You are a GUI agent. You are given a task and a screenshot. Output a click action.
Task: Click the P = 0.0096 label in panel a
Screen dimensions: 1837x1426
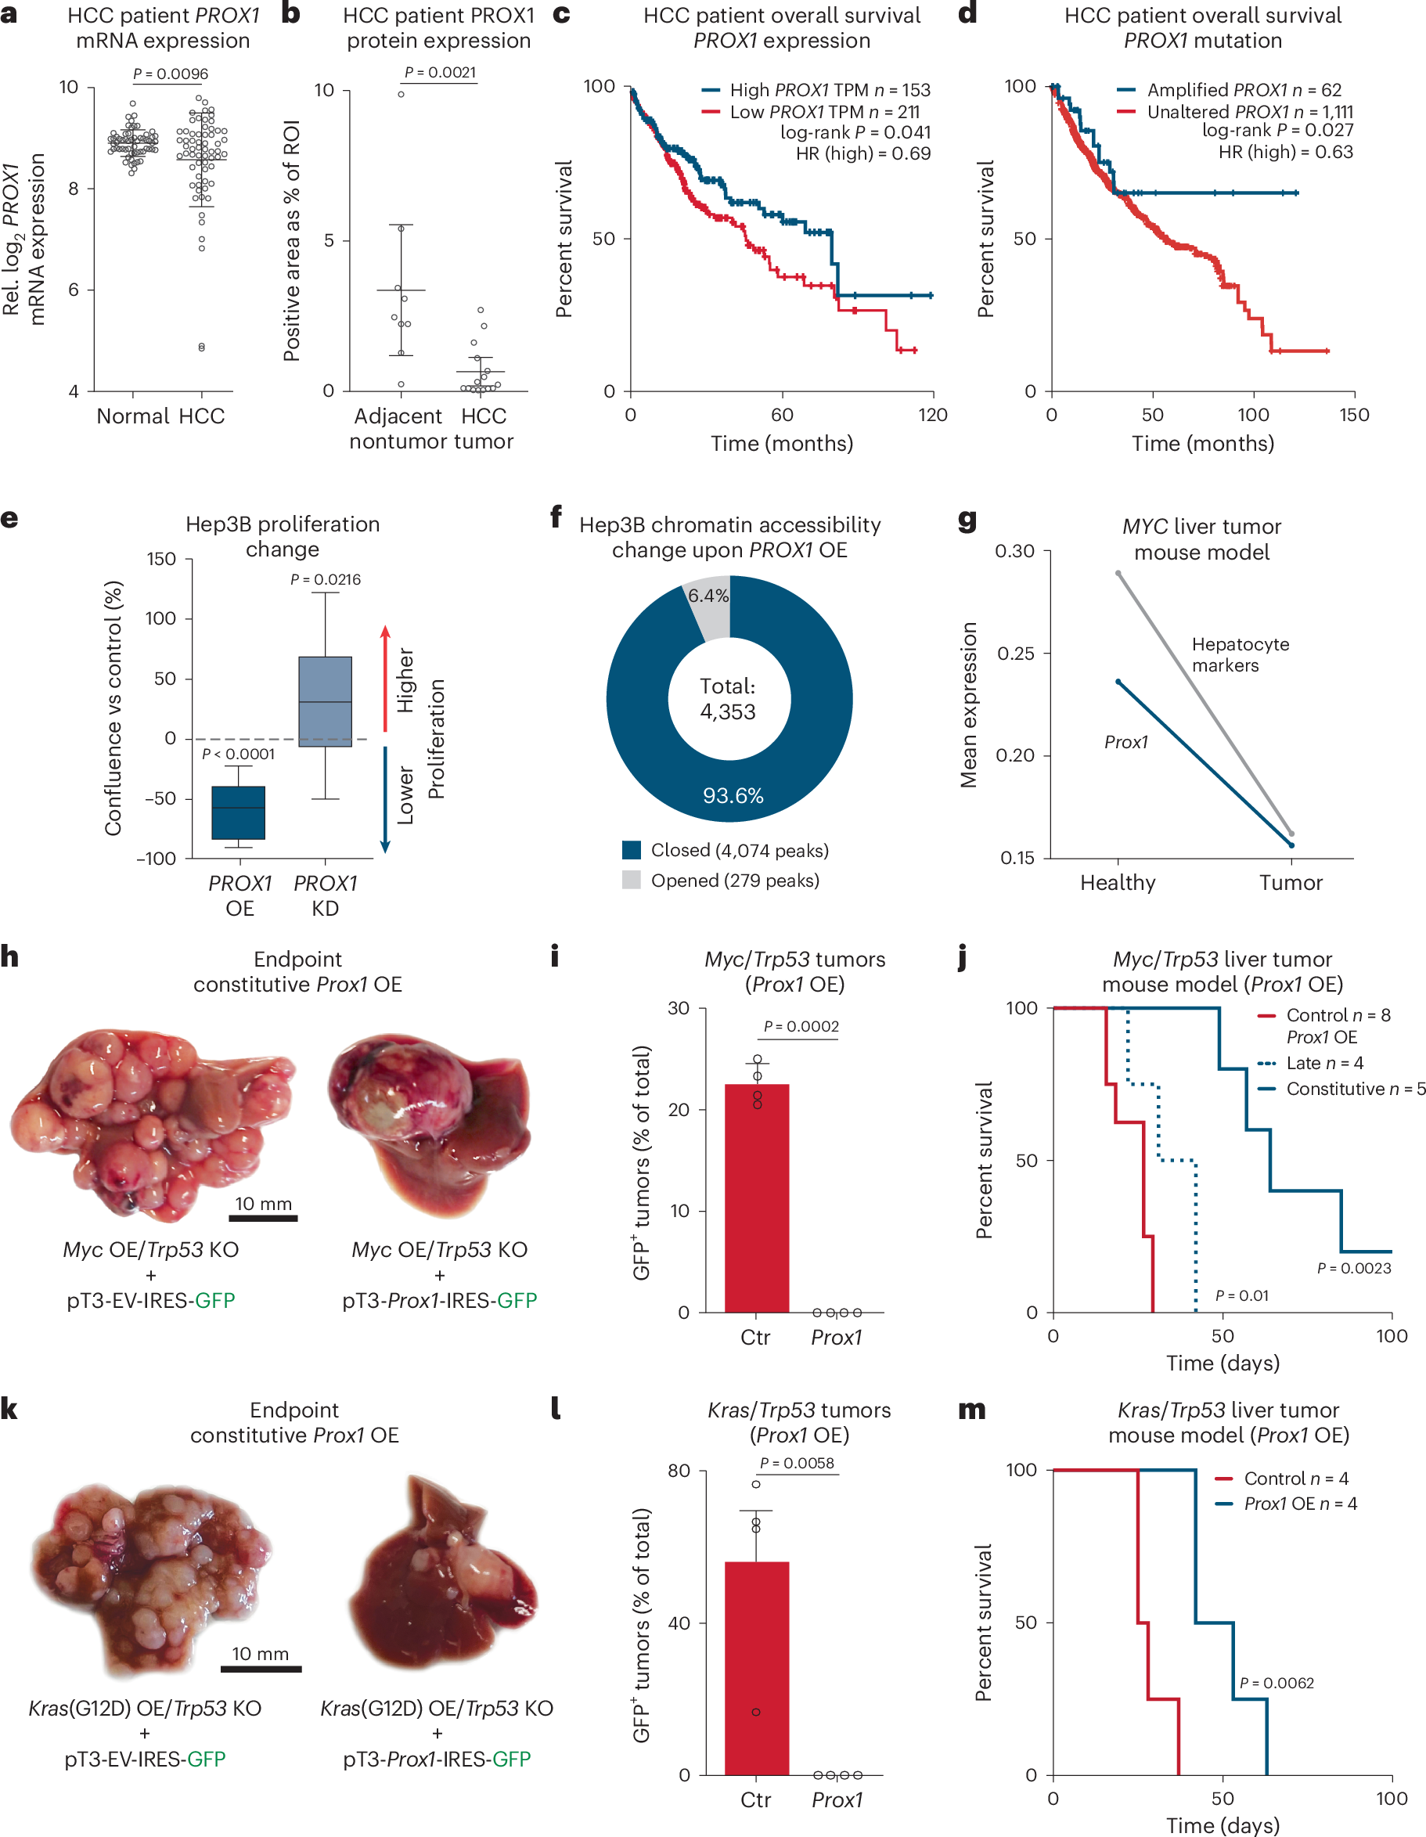[x=171, y=74]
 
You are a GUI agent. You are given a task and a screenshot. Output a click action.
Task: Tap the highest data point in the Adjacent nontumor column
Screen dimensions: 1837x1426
[x=402, y=94]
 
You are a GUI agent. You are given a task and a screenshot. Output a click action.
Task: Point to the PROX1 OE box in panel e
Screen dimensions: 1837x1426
[x=238, y=812]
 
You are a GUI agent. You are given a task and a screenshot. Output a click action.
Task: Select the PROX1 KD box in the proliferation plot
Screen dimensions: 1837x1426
[x=325, y=701]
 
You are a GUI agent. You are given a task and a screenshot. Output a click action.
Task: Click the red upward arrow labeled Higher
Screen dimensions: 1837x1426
[x=385, y=677]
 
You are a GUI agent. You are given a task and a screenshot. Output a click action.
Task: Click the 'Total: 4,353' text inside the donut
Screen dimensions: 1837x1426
[x=729, y=699]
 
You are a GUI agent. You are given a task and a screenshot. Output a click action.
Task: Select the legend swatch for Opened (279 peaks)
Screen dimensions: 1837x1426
[x=631, y=880]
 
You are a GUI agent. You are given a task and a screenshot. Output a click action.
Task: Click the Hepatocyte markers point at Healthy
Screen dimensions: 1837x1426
[x=1118, y=574]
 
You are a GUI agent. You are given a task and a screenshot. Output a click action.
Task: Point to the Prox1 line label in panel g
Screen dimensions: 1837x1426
[x=1125, y=742]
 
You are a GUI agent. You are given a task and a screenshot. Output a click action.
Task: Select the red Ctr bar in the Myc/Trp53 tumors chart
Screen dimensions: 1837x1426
[x=756, y=1198]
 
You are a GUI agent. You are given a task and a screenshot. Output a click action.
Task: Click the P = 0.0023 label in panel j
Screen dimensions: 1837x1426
[x=1354, y=1267]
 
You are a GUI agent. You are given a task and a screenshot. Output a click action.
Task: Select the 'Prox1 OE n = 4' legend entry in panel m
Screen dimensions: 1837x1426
[x=1300, y=1503]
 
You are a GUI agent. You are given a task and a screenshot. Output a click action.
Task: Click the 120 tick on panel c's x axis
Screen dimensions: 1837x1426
[x=933, y=415]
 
